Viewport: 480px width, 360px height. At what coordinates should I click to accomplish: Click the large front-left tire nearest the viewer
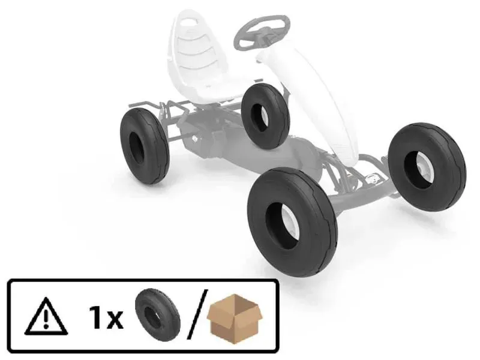click(x=292, y=222)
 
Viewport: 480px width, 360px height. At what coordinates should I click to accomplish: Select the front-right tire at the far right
click(x=427, y=167)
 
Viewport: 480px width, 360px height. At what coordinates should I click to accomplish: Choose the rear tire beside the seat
click(x=265, y=116)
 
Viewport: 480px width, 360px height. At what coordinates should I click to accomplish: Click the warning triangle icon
click(x=46, y=316)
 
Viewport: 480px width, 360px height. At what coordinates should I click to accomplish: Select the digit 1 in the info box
click(x=96, y=317)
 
